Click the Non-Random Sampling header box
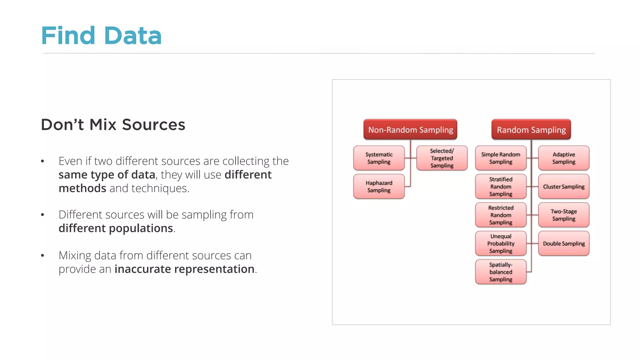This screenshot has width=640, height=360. coord(410,129)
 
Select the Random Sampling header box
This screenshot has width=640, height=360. coord(531,129)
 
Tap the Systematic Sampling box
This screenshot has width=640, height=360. coord(379,158)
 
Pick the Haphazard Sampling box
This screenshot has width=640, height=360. coord(379,187)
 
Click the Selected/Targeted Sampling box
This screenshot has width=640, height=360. coord(442,158)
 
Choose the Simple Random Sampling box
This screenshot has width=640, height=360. coord(501,158)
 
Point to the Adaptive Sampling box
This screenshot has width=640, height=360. coord(563,158)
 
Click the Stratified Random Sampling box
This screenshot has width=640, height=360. coord(501,187)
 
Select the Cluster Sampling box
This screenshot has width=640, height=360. coord(563,187)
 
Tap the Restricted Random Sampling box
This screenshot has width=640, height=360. coord(501,215)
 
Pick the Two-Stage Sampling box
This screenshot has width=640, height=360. coord(563,215)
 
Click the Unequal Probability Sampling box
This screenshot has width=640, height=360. coord(501,243)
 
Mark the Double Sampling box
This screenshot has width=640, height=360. coord(563,243)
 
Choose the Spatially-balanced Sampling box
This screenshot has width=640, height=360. coord(501,272)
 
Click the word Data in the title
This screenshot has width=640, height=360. coord(133,36)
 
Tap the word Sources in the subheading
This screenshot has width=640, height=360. coord(153,125)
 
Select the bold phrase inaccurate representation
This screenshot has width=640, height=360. coord(184,269)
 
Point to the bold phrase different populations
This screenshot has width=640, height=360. coord(116,228)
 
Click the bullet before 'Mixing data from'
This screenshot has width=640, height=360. coord(42,256)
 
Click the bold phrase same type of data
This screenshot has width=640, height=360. coord(107,175)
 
